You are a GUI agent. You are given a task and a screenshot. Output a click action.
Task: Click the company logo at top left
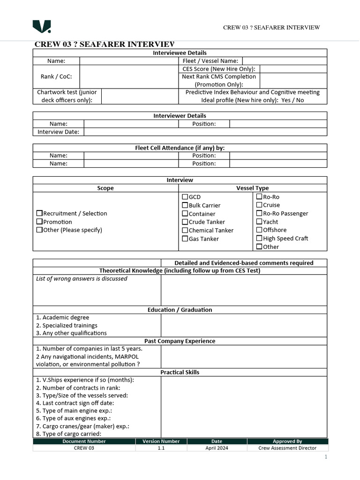click(x=42, y=27)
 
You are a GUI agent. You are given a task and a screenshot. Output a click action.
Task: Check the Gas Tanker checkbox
click(x=185, y=239)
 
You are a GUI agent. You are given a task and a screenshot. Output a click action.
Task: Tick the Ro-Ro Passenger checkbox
click(x=259, y=213)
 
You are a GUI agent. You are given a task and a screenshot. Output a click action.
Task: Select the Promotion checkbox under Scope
click(x=39, y=222)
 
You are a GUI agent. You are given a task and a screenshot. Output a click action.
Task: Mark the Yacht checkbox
click(x=259, y=222)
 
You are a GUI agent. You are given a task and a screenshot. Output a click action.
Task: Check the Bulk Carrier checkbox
click(x=185, y=205)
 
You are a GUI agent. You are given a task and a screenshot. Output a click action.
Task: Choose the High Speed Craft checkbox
click(x=259, y=238)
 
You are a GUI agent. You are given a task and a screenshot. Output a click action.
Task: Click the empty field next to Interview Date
click(x=205, y=132)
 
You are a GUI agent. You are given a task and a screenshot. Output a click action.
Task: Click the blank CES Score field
click(x=293, y=69)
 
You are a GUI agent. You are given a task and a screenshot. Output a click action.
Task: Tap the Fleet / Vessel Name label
click(x=210, y=61)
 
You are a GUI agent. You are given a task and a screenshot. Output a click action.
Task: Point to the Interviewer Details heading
click(x=180, y=116)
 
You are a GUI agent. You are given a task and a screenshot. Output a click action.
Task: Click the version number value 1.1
click(x=161, y=448)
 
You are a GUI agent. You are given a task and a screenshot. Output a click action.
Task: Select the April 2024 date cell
click(x=217, y=448)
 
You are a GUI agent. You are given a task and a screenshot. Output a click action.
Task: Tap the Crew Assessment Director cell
click(x=287, y=448)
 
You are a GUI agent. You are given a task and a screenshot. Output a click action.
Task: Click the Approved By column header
click(x=287, y=441)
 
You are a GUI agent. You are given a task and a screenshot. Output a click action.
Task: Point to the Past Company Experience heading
click(x=180, y=341)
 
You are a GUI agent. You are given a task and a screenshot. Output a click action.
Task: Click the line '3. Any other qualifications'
click(x=71, y=333)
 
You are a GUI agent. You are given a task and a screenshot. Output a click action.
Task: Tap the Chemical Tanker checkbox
click(x=185, y=230)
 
